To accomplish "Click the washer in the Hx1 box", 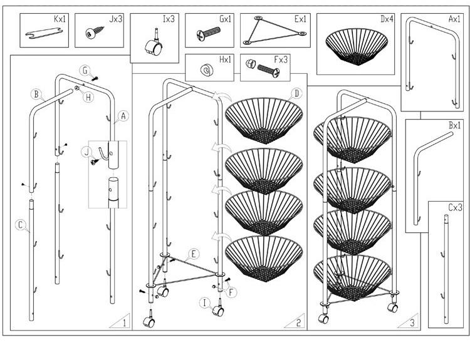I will (x=205, y=69).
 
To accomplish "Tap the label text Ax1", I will (x=454, y=19).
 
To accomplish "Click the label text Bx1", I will (x=454, y=126).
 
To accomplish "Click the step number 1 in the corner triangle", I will (x=124, y=323).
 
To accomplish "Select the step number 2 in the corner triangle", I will (x=300, y=323).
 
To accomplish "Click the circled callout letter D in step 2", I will (x=296, y=93).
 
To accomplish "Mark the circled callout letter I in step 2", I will (x=204, y=302).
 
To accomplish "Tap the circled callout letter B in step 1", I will (x=38, y=95).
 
